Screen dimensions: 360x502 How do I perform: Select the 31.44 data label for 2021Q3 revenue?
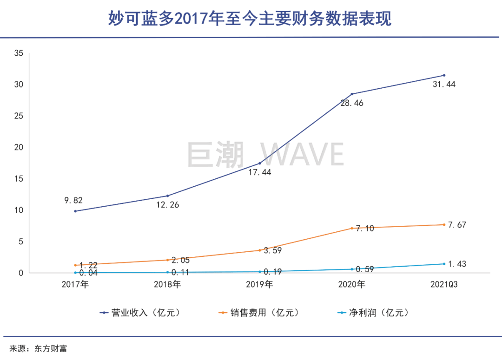click(444, 85)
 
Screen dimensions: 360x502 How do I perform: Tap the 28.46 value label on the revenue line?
click(352, 103)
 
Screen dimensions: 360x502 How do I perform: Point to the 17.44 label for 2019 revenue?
click(260, 172)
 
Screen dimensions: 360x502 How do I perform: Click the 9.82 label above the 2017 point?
click(73, 201)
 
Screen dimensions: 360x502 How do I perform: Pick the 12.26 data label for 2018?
click(168, 204)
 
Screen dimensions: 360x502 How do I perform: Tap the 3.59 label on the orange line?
click(273, 250)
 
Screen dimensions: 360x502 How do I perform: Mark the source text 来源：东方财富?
click(39, 348)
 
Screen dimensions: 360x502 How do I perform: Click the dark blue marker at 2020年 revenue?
click(352, 94)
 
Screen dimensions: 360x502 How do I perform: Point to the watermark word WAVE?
click(302, 154)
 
